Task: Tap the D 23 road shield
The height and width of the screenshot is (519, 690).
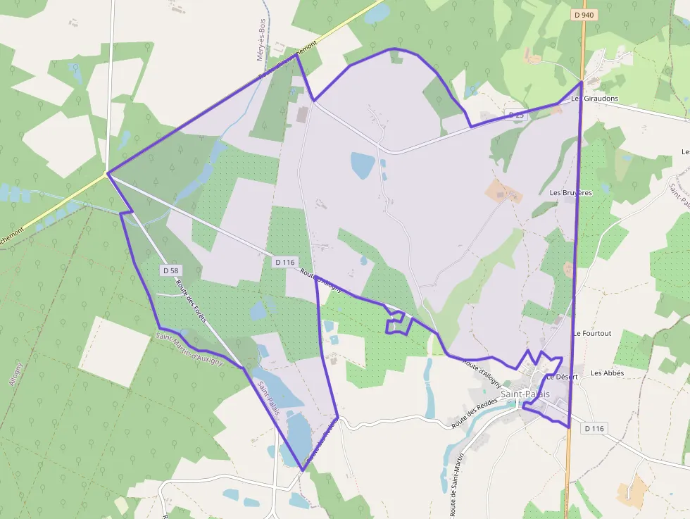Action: coord(517,115)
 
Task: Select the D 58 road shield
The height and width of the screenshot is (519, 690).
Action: coord(171,270)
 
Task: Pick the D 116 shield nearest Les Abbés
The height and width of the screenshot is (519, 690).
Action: coord(594,428)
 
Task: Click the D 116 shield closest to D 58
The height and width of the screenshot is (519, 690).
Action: coord(284,262)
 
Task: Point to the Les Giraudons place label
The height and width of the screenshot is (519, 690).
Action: coord(595,99)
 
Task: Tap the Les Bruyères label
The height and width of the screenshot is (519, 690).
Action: coord(570,192)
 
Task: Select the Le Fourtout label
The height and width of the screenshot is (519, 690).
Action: coord(592,333)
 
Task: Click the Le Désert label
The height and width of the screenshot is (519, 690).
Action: coord(562,377)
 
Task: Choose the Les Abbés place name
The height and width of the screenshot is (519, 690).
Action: coord(607,373)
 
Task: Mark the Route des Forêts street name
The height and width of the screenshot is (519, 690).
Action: coord(191,301)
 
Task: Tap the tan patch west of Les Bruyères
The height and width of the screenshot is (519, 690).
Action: coord(504,191)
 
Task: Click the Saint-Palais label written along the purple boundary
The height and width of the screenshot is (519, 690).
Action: coord(269,398)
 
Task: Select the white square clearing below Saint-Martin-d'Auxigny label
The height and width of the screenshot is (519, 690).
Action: coord(115,351)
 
